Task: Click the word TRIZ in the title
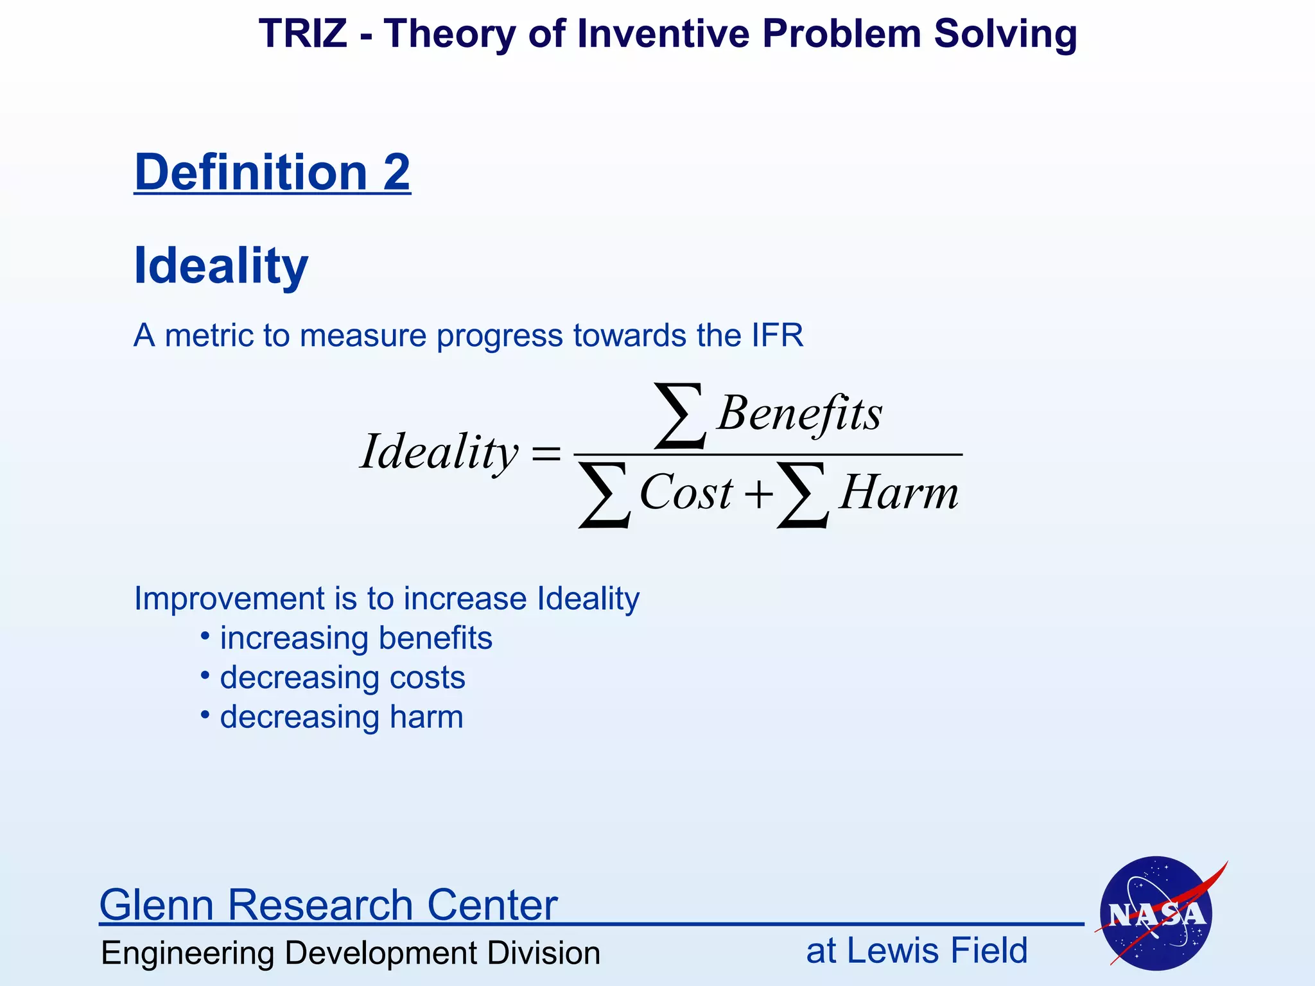pyautogui.click(x=302, y=33)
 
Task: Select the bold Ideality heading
pyautogui.click(x=221, y=266)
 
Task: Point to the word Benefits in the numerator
pyautogui.click(x=799, y=413)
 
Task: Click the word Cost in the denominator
pyautogui.click(x=686, y=493)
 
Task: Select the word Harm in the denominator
pyautogui.click(x=898, y=493)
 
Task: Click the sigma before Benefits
pyautogui.click(x=680, y=415)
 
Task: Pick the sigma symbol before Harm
pyautogui.click(x=803, y=495)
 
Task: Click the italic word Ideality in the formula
pyautogui.click(x=439, y=452)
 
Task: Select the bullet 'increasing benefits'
pyautogui.click(x=356, y=638)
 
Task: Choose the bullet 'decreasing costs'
pyautogui.click(x=342, y=678)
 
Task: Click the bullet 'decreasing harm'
pyautogui.click(x=341, y=717)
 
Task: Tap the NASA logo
pyautogui.click(x=1156, y=913)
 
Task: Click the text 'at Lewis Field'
pyautogui.click(x=916, y=951)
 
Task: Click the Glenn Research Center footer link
pyautogui.click(x=328, y=904)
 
